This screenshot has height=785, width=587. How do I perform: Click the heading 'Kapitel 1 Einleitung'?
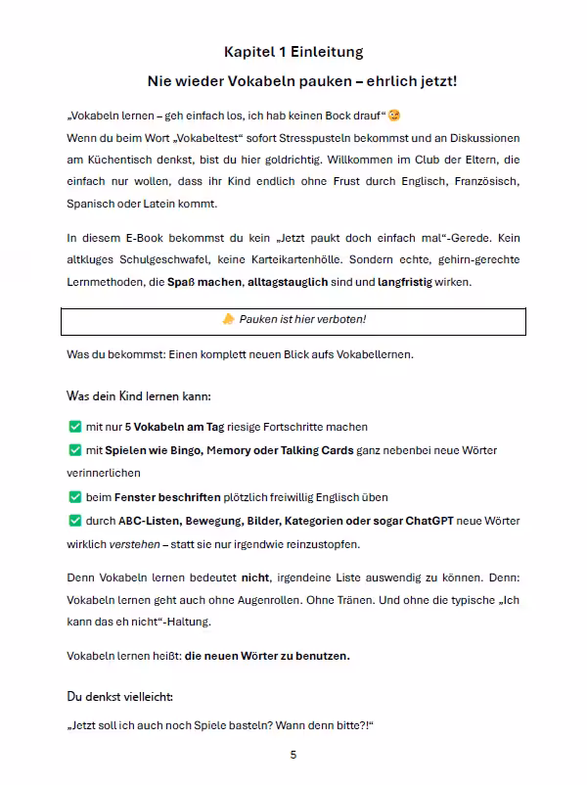coord(293,52)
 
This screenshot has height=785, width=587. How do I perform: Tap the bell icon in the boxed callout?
coord(228,320)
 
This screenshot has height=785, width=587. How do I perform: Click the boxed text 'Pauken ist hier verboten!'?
coord(302,320)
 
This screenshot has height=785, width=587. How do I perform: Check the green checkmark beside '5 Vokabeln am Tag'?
coord(74,427)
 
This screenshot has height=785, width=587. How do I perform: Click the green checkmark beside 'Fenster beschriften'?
coord(74,496)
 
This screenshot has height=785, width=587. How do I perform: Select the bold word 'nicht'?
coord(255,577)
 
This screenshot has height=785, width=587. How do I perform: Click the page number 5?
coord(293,755)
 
